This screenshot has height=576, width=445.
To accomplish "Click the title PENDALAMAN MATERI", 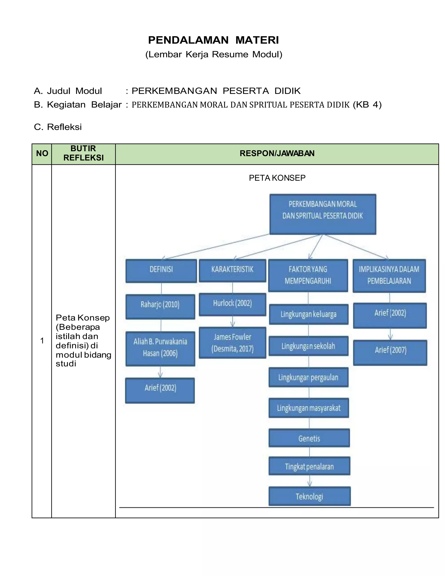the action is (213, 40).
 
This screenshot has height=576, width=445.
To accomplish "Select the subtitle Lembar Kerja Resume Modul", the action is (214, 54).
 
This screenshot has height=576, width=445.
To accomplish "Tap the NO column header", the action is (42, 153).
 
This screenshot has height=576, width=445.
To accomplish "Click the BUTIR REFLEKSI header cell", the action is (83, 153).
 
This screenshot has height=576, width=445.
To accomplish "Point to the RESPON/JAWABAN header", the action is (277, 153).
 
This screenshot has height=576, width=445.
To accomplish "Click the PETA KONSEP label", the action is (277, 178).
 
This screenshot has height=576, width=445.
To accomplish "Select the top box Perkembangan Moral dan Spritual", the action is (323, 214).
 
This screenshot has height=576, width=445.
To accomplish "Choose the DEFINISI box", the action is (161, 271).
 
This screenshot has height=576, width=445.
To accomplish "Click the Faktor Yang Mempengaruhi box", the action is (308, 275).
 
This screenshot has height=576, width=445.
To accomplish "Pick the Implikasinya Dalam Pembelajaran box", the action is (389, 275).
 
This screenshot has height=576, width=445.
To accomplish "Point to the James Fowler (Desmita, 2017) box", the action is (232, 342).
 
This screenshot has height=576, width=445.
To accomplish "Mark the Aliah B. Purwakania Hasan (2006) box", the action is (160, 348).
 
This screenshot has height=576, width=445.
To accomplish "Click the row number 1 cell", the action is (42, 341).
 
